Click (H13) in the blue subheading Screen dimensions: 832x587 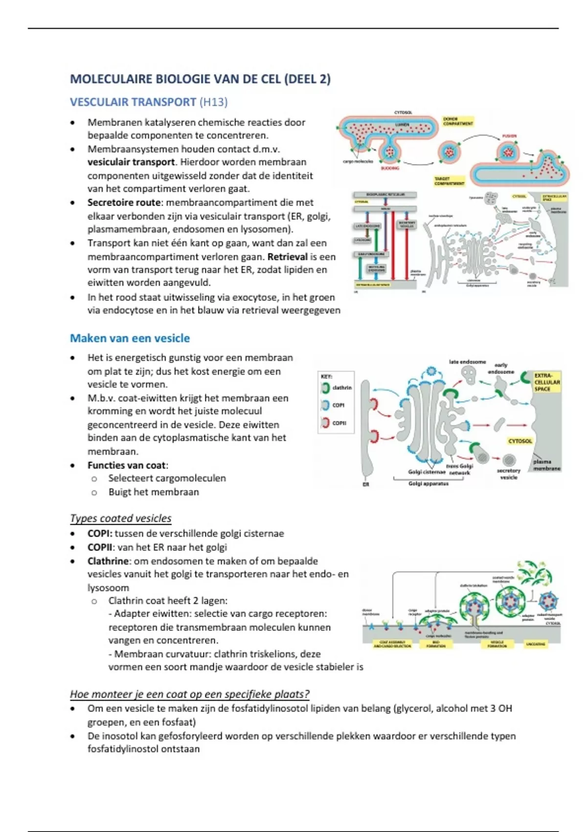tap(213, 102)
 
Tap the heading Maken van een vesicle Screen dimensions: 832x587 tap(130, 338)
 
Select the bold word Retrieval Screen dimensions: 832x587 tap(287, 256)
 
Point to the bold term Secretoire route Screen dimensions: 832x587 tap(124, 203)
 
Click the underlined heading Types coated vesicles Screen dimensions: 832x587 tap(120, 518)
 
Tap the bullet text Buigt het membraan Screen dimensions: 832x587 tap(154, 492)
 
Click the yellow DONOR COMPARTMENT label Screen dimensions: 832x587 tap(458, 121)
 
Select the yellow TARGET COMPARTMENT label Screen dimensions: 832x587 tap(449, 181)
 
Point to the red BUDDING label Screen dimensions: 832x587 tap(390, 168)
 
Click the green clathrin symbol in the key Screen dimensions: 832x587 tap(325, 388)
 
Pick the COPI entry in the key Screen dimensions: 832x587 tap(338, 405)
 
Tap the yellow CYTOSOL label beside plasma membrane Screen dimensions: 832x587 tap(519, 441)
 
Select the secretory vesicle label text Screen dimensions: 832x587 tap(508, 474)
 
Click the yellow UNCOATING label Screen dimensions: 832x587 tap(536, 644)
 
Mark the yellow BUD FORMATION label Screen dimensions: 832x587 tap(436, 644)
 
